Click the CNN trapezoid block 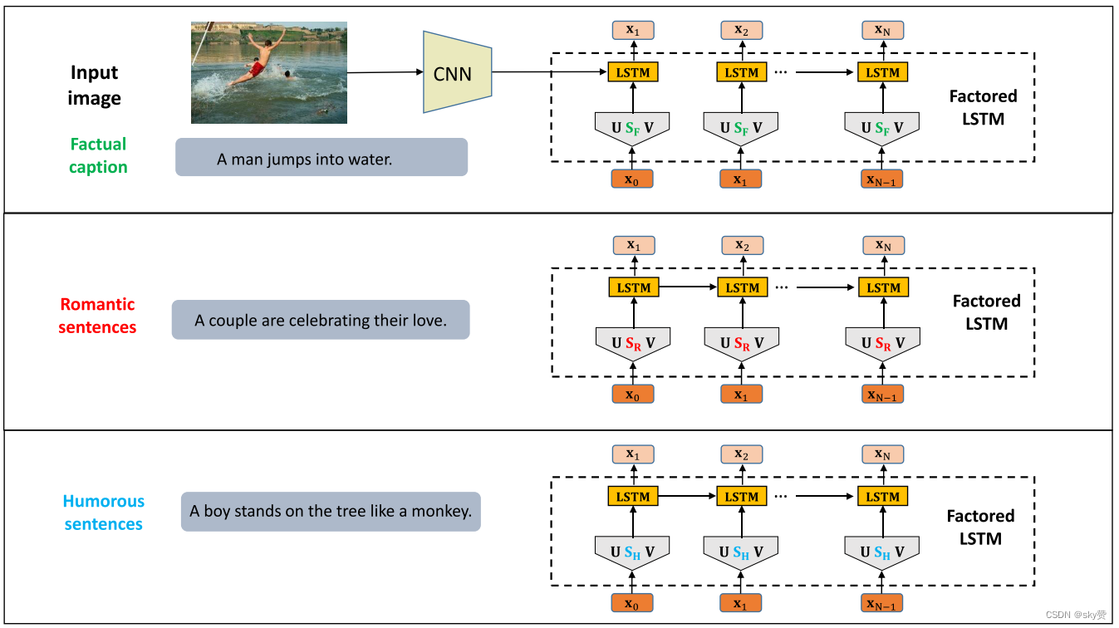(x=456, y=73)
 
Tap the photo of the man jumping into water (x=269, y=72)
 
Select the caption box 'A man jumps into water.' (x=321, y=158)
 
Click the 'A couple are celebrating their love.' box (x=321, y=320)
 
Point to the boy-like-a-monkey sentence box (x=331, y=512)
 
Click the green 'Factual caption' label (x=98, y=155)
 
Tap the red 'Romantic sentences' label (x=97, y=316)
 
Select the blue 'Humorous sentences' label (x=104, y=513)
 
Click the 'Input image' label (x=95, y=86)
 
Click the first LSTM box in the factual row (x=634, y=72)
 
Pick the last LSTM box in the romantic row (x=883, y=287)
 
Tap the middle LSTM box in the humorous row (x=742, y=497)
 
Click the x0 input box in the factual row (x=632, y=179)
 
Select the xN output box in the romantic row (x=883, y=245)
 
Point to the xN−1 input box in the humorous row (x=882, y=603)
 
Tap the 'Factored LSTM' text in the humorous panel (x=981, y=527)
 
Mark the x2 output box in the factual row (x=742, y=31)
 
